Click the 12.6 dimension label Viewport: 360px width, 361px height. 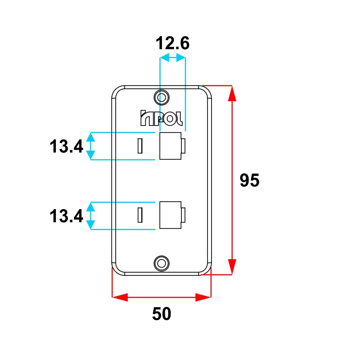pyautogui.click(x=173, y=44)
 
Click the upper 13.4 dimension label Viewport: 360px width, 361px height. pyautogui.click(x=66, y=147)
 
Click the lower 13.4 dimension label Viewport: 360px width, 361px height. pyautogui.click(x=66, y=216)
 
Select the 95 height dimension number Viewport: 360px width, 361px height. pyautogui.click(x=249, y=181)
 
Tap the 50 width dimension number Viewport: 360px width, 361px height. pyautogui.click(x=162, y=314)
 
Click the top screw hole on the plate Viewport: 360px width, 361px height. pyautogui.click(x=162, y=97)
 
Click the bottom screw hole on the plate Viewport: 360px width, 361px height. pyautogui.click(x=162, y=263)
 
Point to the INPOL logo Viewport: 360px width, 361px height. pyautogui.click(x=161, y=118)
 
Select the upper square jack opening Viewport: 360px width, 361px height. pyautogui.click(x=170, y=146)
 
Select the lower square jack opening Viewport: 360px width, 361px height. pyautogui.click(x=170, y=215)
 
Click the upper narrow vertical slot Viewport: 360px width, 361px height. pyautogui.click(x=140, y=146)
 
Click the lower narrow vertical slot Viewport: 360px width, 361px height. pyautogui.click(x=140, y=215)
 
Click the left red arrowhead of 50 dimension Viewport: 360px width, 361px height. pyautogui.click(x=120, y=297)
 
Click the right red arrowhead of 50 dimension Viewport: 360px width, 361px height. pyautogui.click(x=203, y=297)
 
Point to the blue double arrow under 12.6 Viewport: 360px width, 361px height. pyautogui.click(x=173, y=57)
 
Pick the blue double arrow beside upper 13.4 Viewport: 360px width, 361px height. pyautogui.click(x=91, y=146)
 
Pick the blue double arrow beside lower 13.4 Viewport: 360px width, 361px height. pyautogui.click(x=91, y=216)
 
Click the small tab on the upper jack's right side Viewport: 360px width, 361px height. pyautogui.click(x=184, y=146)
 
